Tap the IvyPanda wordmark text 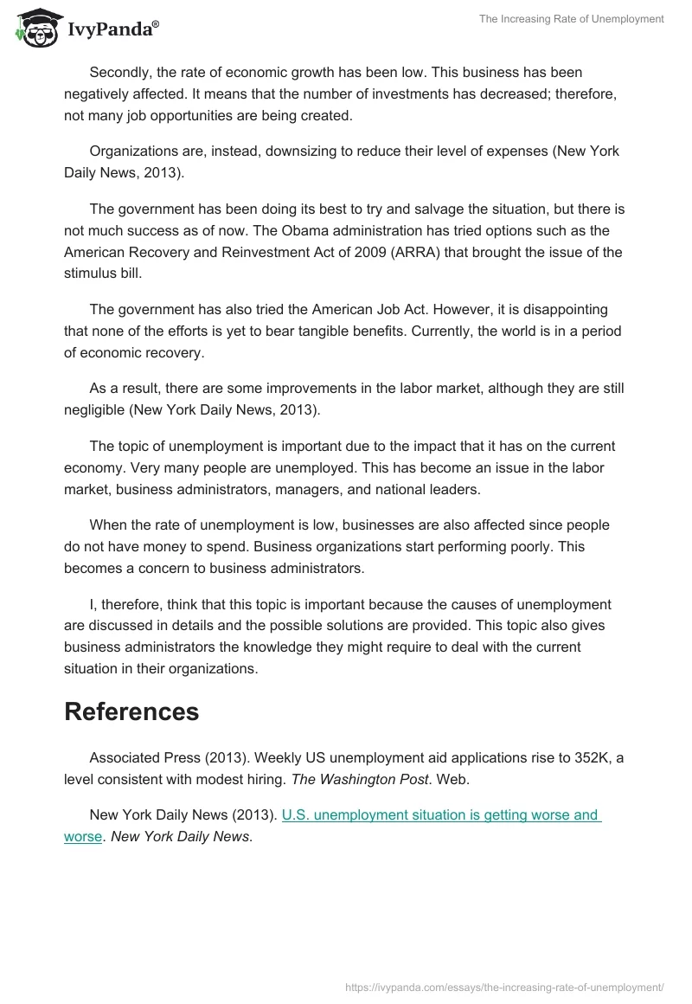(112, 30)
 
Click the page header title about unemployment (572, 19)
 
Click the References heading (131, 711)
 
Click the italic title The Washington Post (360, 779)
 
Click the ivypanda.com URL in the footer (504, 986)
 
